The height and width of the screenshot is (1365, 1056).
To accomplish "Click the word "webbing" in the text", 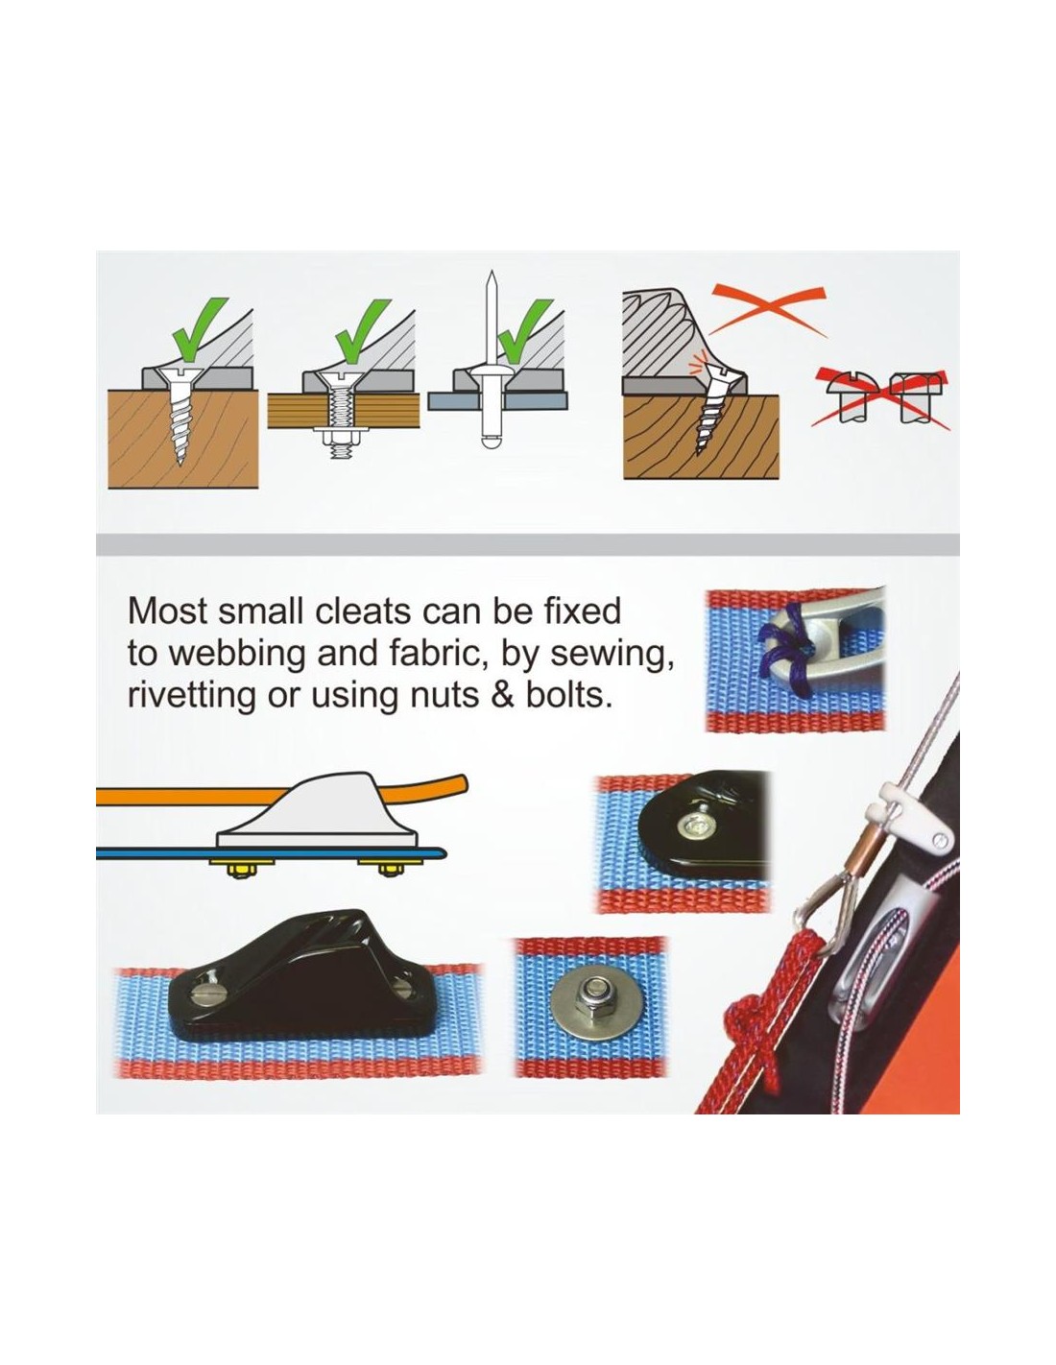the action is coord(215,656).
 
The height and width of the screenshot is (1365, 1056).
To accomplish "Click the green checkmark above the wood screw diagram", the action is coord(200,330).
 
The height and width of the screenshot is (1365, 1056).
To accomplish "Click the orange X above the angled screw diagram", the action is coord(769,308).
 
